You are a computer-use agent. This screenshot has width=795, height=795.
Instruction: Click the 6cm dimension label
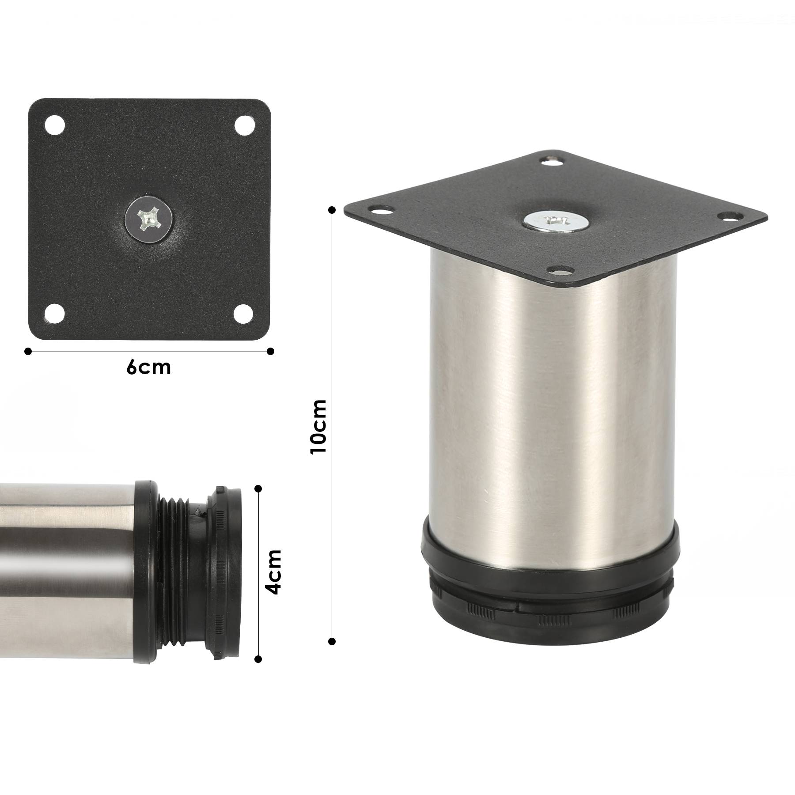coord(148,367)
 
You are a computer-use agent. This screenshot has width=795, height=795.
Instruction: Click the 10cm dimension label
coord(318,426)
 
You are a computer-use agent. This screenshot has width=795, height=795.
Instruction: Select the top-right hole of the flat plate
coord(243,125)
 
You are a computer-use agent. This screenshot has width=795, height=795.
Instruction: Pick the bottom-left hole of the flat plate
coord(55,313)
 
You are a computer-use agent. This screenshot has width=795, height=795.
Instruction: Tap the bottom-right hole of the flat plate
coord(244,313)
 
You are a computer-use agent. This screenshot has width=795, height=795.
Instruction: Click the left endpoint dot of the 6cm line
coord(28,351)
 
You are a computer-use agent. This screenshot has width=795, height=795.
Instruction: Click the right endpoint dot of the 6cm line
coord(271,351)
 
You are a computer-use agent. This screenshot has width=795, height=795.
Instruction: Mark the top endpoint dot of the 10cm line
coord(332,210)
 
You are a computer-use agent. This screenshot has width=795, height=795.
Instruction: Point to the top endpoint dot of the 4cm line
coord(258,488)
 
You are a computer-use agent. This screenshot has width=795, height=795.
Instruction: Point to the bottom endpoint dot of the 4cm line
coord(258,659)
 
